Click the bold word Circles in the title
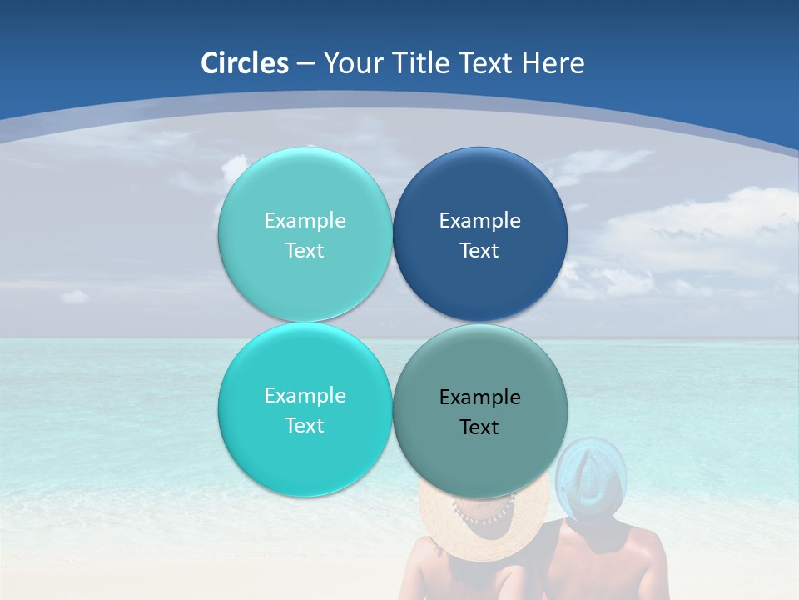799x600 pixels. tap(245, 63)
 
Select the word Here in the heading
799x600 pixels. tap(553, 63)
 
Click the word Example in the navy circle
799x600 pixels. tap(480, 221)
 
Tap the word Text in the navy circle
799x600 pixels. tap(480, 251)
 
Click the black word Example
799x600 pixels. tap(480, 397)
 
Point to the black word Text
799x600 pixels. tap(480, 427)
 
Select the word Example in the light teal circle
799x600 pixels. tap(305, 221)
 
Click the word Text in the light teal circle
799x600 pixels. tap(305, 251)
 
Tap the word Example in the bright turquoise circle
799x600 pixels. tap(305, 396)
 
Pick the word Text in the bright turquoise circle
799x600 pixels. tap(305, 426)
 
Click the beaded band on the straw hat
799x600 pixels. tap(484, 511)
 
